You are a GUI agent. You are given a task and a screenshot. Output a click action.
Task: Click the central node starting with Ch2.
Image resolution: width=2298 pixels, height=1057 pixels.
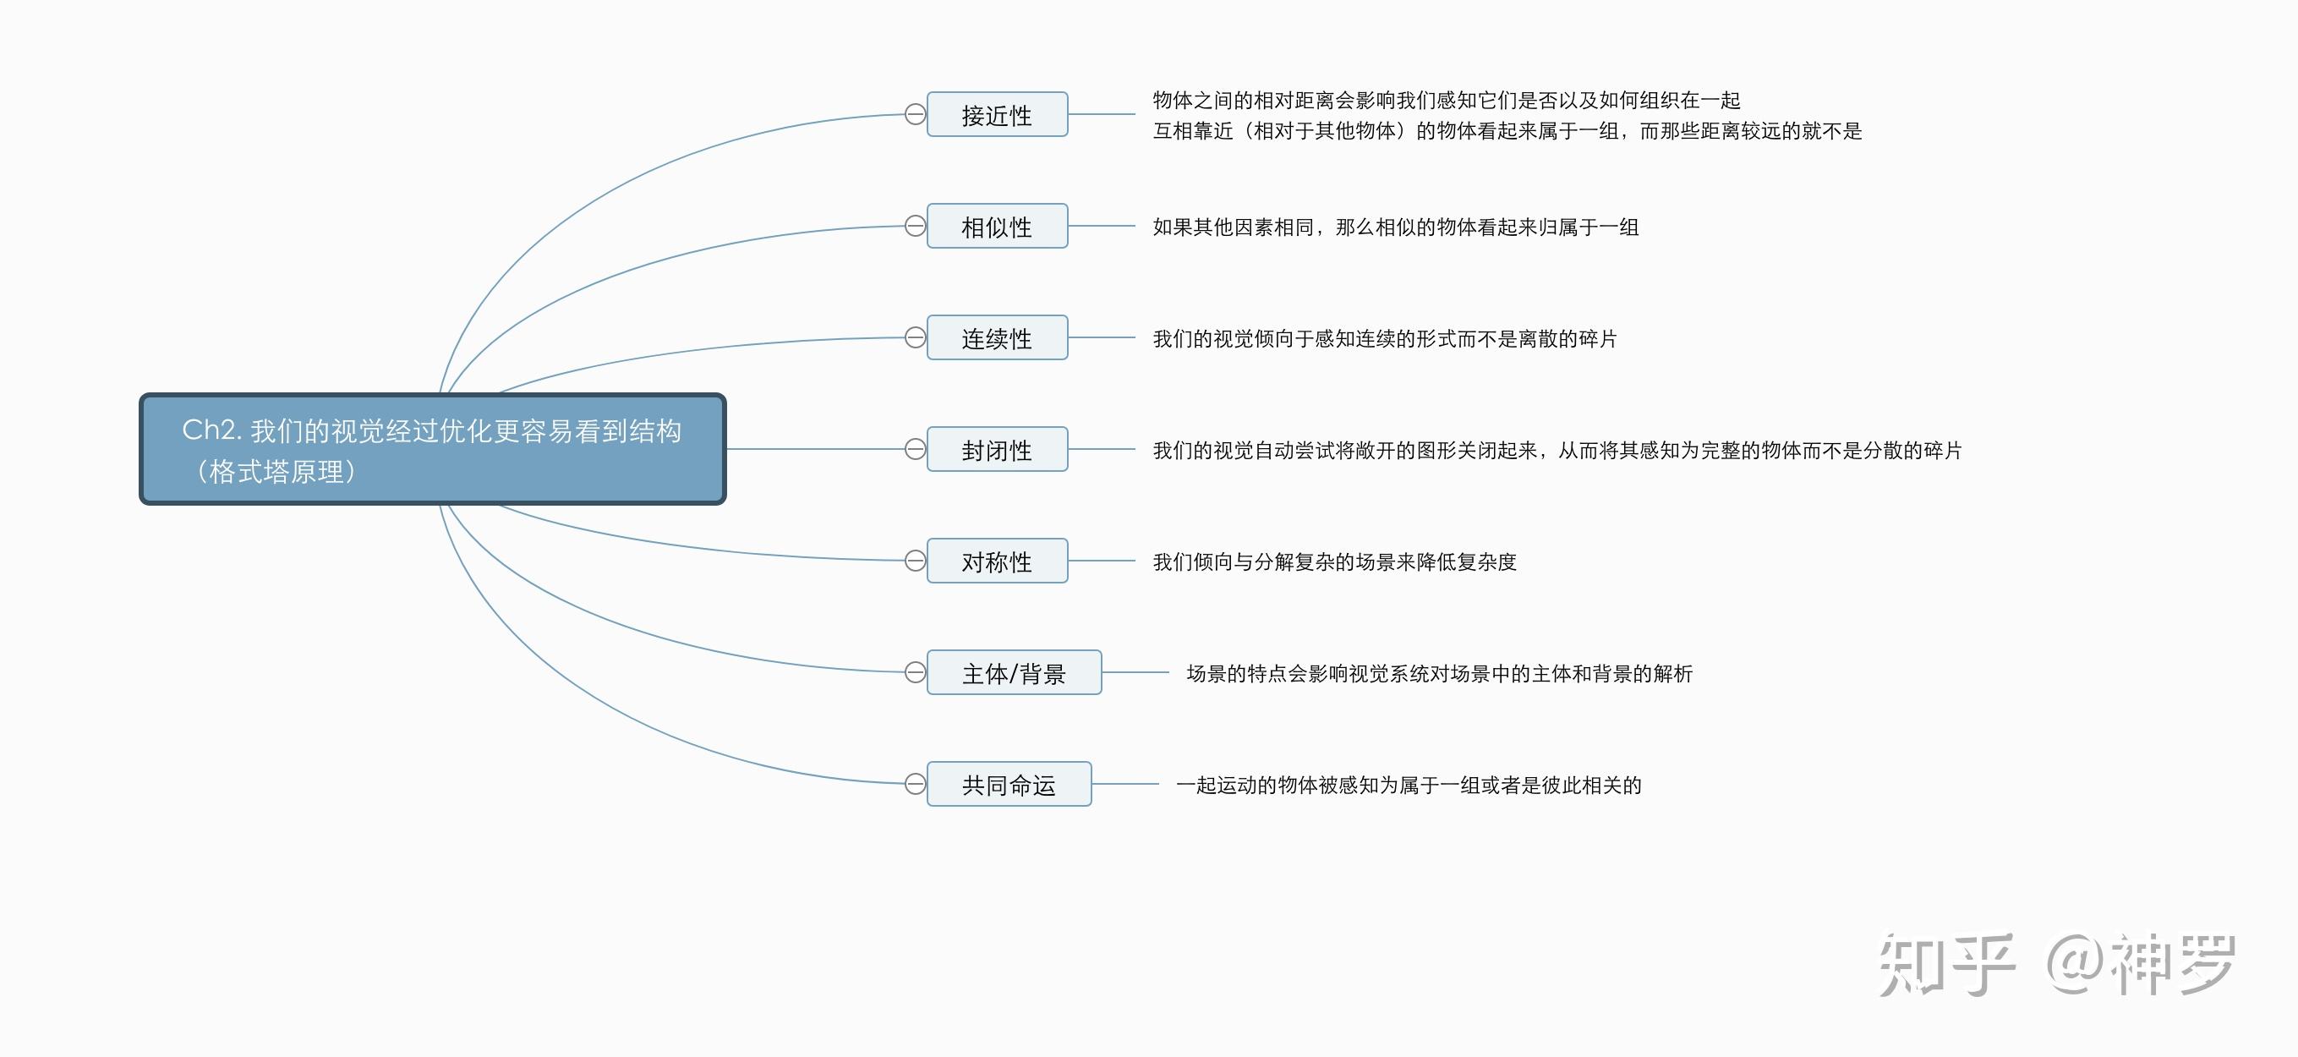433,449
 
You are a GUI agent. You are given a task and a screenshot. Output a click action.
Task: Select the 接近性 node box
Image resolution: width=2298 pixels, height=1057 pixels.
997,115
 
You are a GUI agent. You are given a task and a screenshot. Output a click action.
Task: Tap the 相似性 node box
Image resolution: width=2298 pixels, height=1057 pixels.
997,227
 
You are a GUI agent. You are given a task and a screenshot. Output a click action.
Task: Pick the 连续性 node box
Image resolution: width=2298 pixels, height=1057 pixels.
997,338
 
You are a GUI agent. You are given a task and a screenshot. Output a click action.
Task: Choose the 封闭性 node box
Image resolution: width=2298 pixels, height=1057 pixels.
997,450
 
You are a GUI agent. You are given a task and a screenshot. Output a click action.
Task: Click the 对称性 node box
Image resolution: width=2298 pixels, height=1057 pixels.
997,561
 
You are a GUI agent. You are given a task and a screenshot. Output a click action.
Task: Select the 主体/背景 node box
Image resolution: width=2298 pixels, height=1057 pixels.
1014,672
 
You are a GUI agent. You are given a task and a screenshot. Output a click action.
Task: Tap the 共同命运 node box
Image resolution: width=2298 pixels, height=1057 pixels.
1008,784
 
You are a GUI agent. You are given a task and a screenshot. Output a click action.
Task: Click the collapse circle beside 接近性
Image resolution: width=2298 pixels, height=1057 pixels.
916,114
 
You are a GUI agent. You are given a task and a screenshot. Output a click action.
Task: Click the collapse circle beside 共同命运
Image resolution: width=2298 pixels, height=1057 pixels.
916,784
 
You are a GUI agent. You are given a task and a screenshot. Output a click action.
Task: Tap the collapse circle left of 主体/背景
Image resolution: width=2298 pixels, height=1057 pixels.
916,672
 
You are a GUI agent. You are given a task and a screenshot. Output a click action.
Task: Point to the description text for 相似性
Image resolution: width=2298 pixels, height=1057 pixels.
1395,227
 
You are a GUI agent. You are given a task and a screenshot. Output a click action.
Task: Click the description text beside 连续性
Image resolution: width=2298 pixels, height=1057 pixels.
1385,339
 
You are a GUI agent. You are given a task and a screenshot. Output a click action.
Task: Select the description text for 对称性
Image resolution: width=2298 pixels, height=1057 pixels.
1334,562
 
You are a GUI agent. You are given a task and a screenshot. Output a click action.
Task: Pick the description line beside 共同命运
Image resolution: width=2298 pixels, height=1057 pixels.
1409,785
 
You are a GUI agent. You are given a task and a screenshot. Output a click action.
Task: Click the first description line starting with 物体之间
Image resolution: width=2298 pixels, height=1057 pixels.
1446,100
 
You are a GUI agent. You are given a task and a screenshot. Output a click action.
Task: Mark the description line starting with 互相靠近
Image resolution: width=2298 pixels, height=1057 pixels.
1507,131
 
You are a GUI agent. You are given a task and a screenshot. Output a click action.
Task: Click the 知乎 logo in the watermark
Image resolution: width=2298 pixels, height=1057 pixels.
1946,965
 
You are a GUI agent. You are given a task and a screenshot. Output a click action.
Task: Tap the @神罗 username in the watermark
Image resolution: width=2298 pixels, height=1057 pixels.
2141,965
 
